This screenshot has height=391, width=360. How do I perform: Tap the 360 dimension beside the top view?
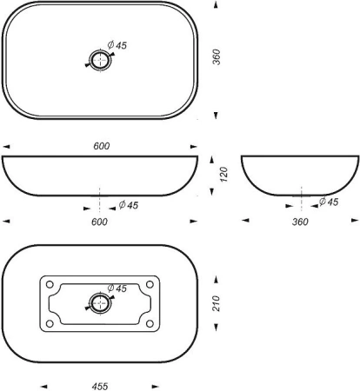click(217, 57)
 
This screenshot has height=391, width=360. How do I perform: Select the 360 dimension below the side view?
click(300, 222)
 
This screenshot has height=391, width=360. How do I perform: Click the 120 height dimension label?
click(224, 174)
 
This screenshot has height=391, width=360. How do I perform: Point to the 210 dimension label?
click(217, 303)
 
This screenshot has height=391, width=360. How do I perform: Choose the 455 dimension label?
click(100, 387)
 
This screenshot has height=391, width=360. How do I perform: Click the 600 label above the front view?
click(102, 146)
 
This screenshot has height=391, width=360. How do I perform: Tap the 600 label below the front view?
click(99, 222)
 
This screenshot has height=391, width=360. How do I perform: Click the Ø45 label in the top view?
click(117, 45)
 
